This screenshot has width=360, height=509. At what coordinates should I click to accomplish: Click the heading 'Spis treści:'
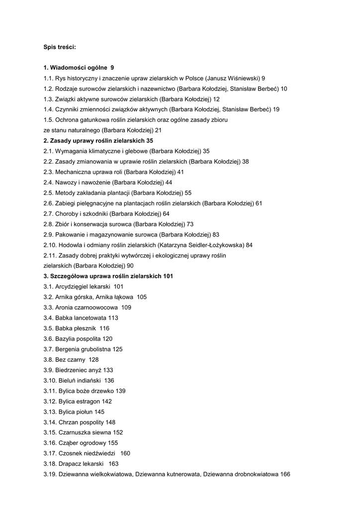tap(59, 47)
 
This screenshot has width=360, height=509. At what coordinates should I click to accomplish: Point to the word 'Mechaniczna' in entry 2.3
tap(72, 172)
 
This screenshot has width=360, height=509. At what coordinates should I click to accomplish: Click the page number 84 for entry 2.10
tap(249, 245)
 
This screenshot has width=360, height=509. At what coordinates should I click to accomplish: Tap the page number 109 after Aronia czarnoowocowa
tap(126, 308)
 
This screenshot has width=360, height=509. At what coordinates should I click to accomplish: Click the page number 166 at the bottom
tap(285, 474)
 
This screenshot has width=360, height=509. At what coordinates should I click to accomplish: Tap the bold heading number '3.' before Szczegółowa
tap(46, 276)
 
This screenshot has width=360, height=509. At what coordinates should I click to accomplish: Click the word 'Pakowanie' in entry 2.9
tap(70, 235)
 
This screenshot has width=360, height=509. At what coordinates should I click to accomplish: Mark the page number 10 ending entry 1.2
tap(284, 88)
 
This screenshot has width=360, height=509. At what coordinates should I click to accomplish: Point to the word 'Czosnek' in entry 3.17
tap(69, 453)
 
